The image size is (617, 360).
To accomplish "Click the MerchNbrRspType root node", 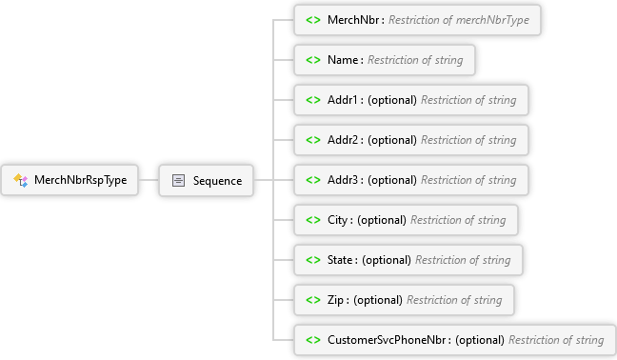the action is (x=70, y=180).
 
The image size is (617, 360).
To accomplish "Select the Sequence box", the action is (x=207, y=181).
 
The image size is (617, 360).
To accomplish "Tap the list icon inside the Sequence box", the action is (x=178, y=181).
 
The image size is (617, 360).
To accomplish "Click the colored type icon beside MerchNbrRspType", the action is (x=20, y=180).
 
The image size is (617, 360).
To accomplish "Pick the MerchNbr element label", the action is (x=353, y=20).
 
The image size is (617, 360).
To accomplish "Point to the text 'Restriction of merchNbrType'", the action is (x=459, y=20).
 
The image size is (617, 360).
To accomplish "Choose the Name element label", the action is (x=343, y=60).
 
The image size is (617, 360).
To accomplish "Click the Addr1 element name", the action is (x=343, y=100).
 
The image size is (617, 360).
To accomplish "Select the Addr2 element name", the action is (x=343, y=140).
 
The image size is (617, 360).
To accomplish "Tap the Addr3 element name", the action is (x=343, y=180).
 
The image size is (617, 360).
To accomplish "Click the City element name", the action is (x=338, y=220).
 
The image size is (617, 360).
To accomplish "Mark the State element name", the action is (x=340, y=260).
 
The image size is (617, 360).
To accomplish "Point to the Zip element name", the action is (x=336, y=300).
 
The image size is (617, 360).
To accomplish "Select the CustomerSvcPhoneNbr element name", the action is (x=387, y=340).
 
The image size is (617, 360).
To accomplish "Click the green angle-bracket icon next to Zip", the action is (x=313, y=300).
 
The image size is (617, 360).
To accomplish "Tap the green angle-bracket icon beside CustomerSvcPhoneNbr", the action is (x=313, y=340).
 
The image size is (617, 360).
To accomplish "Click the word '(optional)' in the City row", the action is (x=382, y=220).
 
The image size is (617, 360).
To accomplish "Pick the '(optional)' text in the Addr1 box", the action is (x=392, y=100).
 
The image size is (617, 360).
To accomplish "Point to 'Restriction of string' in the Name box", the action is (x=415, y=60).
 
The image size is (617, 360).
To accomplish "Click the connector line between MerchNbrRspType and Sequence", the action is (x=149, y=180).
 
